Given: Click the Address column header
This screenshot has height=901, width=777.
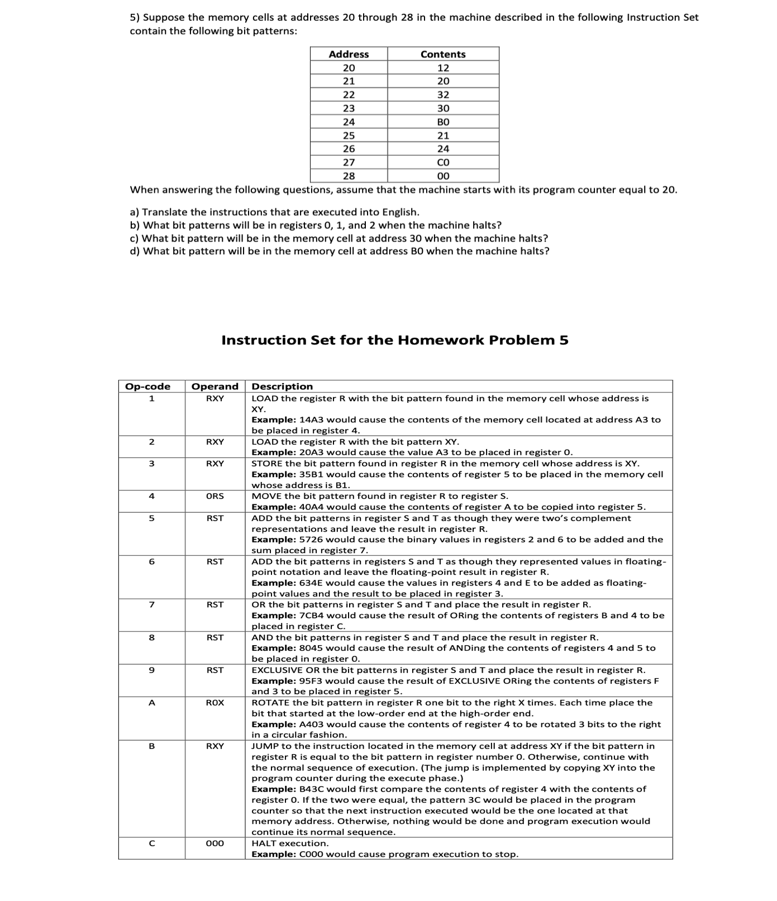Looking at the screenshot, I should click(349, 54).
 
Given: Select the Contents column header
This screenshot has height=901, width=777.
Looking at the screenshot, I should click(443, 54).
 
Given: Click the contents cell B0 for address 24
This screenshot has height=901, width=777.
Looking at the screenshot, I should click(443, 122).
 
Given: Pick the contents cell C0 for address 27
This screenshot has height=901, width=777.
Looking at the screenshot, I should click(443, 163).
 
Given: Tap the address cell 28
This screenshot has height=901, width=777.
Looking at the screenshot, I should click(349, 176).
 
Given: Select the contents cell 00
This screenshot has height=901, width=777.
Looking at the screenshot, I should click(443, 176).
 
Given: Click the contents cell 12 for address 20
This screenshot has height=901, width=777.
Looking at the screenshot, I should click(443, 68).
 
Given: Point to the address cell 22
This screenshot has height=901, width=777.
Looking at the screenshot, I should click(349, 95).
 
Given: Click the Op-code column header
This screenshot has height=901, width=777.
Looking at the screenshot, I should click(147, 387).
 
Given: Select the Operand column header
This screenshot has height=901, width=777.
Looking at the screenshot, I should click(215, 387).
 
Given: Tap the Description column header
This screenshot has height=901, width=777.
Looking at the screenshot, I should click(282, 387).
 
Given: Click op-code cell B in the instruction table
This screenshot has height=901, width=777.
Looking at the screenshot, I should click(151, 746).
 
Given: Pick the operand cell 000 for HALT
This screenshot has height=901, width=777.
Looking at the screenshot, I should click(215, 843).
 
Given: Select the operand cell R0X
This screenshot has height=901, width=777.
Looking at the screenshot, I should click(215, 703).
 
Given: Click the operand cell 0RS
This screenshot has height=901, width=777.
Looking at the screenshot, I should click(215, 496).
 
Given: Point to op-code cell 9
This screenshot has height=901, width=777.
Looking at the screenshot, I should click(151, 670).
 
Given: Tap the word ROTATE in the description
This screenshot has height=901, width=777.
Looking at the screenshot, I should click(271, 703).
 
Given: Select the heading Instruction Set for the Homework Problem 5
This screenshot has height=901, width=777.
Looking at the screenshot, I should click(395, 340).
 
